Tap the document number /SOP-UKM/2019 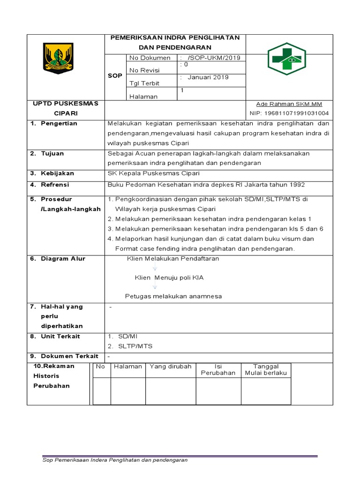pos(213,58)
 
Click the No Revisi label pos(144,70)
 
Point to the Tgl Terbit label pos(144,83)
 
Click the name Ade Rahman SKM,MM pos(289,104)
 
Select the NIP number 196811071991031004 pos(289,113)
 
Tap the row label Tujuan pos(52,154)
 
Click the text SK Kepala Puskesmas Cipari pos(150,173)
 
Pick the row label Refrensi pos(55,185)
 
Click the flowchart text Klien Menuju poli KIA pos(169,277)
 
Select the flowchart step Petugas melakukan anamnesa pos(173,296)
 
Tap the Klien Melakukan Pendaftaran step pos(173,259)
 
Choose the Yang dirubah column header pos(171,367)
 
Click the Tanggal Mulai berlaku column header pos(266,370)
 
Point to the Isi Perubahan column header pos(218,370)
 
